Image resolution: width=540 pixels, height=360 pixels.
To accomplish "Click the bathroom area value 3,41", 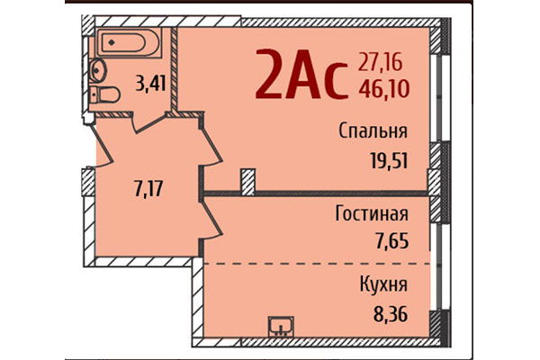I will click(150, 85).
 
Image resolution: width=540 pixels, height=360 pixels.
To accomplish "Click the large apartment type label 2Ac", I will click(300, 75).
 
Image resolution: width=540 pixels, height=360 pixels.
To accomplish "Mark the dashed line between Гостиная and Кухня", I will click(315, 263).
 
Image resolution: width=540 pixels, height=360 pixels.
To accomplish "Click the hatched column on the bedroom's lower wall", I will click(247, 181).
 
